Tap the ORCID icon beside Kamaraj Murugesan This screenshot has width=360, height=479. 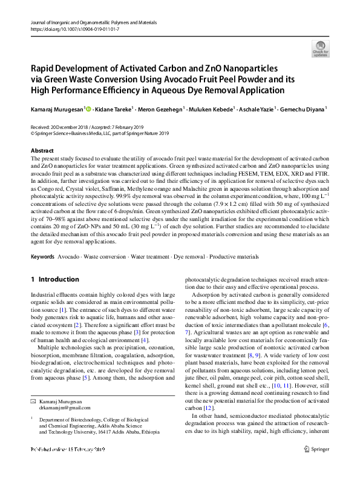coord(89,110)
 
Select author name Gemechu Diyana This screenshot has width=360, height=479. coord(291,110)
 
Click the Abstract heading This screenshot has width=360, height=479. coord(42,150)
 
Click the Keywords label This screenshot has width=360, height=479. coord(42,257)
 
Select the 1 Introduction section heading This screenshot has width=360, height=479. coord(54,279)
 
